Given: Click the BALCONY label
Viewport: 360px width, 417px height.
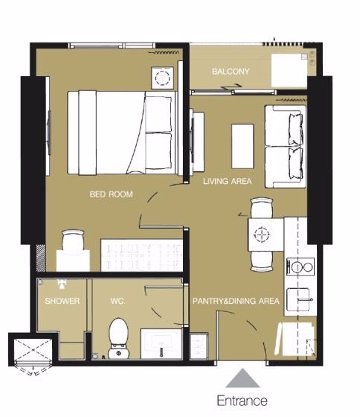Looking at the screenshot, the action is pos(231,71).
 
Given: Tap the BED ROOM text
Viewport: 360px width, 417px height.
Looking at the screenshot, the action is pos(111,194).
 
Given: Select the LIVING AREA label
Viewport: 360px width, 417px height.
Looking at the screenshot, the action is pos(227,182).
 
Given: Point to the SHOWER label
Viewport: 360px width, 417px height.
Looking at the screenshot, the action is pos(62,301).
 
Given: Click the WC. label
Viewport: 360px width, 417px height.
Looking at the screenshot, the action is pos(118,301).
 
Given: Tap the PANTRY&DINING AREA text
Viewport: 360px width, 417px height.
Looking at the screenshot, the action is pos(236,301).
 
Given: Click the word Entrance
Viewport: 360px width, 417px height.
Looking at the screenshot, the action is pos(242,401).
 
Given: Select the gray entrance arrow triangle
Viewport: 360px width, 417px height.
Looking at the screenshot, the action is pos(242,378).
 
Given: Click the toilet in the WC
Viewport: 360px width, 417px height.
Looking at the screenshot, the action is pos(119,338).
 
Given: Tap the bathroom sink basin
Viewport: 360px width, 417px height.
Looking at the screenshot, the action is pos(161,344).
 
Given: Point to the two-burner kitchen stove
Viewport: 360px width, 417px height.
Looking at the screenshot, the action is pos(300,267).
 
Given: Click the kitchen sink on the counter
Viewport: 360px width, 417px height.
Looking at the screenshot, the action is pos(298,299).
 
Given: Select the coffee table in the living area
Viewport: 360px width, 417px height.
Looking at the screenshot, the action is pos(242,146).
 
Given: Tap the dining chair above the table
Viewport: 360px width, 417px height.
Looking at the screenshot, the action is pos(262,208).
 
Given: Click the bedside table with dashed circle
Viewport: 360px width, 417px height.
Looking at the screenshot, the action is pos(162,78).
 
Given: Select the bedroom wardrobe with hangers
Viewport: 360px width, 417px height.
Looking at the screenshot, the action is pos(142,255).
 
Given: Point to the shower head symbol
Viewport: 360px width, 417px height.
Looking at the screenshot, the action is pos(62,284).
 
